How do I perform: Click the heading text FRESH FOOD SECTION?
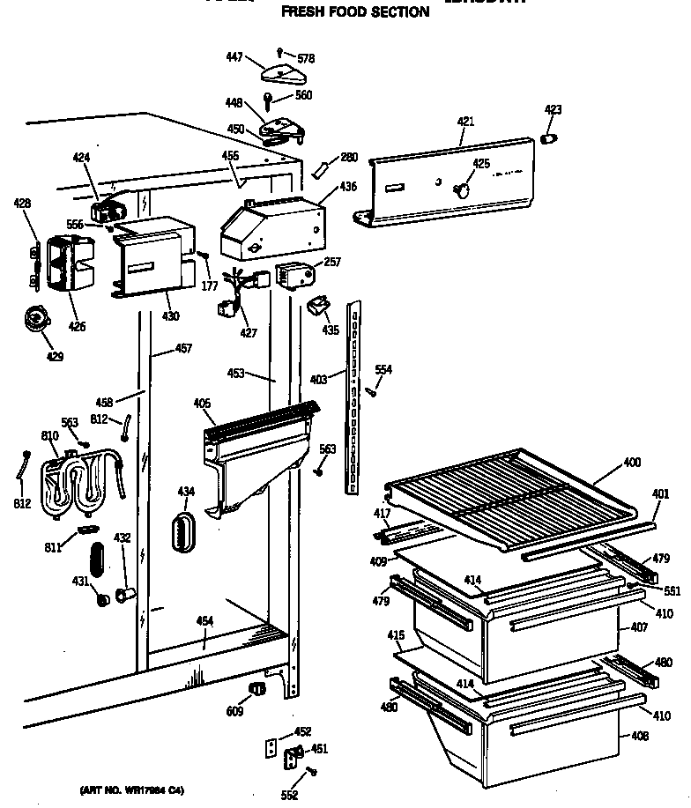click(354, 12)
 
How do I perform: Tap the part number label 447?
click(234, 56)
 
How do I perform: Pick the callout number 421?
click(466, 121)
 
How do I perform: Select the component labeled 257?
click(293, 274)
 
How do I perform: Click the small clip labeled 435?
click(317, 306)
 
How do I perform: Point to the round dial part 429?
click(37, 317)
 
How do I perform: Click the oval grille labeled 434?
click(183, 530)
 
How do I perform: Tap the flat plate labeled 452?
click(271, 747)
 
